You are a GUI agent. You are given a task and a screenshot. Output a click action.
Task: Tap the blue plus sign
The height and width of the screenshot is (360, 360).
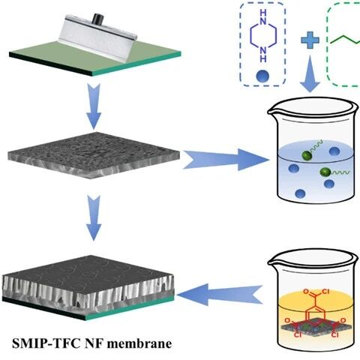(x=310, y=40)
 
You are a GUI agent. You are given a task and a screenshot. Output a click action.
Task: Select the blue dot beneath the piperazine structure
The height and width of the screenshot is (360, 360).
(x=262, y=75)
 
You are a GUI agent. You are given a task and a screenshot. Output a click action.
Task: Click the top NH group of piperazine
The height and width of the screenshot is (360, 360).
(x=263, y=16)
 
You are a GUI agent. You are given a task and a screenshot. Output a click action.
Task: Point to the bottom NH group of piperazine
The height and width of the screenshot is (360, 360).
(x=263, y=54)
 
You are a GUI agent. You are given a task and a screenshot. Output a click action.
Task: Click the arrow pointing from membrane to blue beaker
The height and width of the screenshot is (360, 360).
(x=226, y=160)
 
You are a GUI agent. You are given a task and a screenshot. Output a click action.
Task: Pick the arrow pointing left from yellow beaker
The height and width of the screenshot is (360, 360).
(x=220, y=295)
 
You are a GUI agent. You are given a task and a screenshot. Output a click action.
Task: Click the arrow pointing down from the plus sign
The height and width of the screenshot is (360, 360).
(x=310, y=73)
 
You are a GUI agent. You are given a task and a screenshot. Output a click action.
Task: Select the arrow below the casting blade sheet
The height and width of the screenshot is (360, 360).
(x=94, y=106)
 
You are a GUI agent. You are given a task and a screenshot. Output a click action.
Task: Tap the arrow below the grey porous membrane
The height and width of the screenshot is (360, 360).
(x=94, y=218)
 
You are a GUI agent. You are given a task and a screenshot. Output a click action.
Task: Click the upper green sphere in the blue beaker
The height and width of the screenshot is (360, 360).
(x=307, y=155)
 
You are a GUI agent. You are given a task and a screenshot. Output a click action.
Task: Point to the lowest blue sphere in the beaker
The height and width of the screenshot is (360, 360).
(x=300, y=193)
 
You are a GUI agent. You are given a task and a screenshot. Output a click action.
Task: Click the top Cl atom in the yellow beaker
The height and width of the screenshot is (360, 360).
(x=325, y=291)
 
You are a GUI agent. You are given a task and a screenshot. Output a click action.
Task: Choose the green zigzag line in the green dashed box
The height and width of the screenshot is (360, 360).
(x=345, y=40)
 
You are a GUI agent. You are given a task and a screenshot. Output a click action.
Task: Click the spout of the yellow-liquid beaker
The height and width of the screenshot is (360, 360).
(x=273, y=262)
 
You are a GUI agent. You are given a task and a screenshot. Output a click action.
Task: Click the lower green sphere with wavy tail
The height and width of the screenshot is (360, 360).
(x=325, y=172)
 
